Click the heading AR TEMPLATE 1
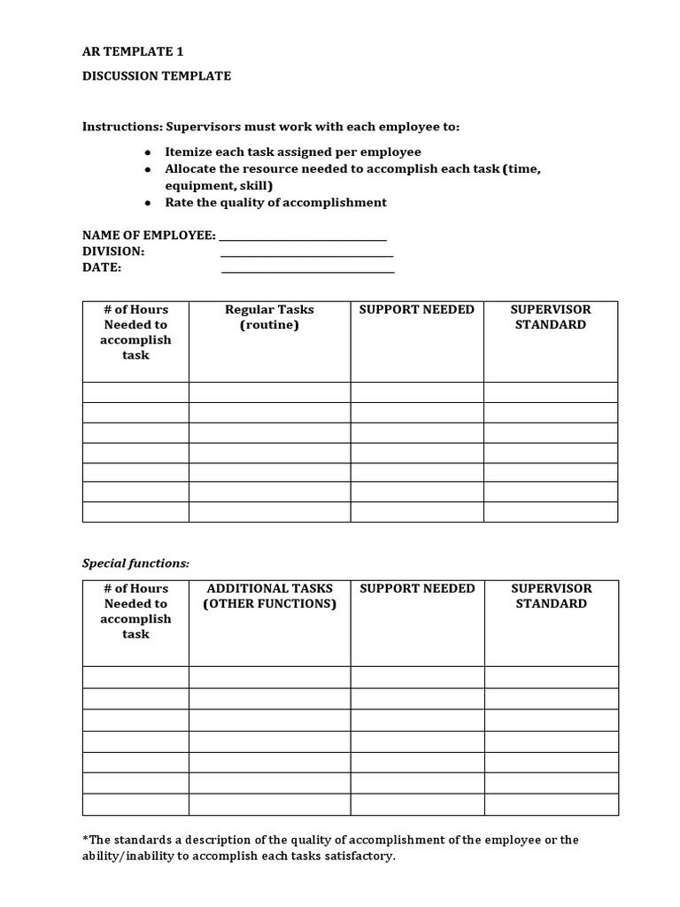[x=133, y=52]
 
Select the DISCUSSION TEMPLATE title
[x=157, y=76]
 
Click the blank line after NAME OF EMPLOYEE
[x=302, y=236]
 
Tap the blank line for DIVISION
[x=306, y=252]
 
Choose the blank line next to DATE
[x=306, y=268]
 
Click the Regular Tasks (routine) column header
[x=269, y=317]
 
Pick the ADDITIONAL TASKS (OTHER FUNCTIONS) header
[x=269, y=596]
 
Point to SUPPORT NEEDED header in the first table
[x=416, y=310]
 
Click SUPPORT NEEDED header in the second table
[x=416, y=589]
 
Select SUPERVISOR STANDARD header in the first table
[x=550, y=317]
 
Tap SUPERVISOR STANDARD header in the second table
[x=550, y=596]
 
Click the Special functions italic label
[x=135, y=563]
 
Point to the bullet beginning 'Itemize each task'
[x=292, y=152]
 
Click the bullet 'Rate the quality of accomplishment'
[x=275, y=203]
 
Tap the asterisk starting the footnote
[x=85, y=839]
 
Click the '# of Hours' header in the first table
[x=135, y=310]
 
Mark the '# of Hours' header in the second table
[x=135, y=589]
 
